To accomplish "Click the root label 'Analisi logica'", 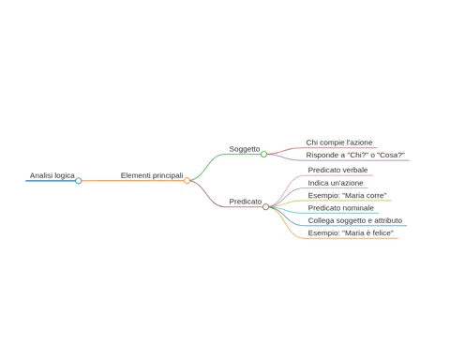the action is click(x=52, y=175).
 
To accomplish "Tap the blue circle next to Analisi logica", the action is click(x=79, y=181).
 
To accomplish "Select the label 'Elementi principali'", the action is click(x=152, y=175).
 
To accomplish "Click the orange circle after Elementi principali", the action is click(x=187, y=181).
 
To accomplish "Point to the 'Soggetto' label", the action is click(x=245, y=149).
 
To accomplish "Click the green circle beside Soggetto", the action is click(x=263, y=154).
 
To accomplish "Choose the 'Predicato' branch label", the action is click(x=246, y=202).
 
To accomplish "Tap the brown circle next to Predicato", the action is click(x=265, y=206).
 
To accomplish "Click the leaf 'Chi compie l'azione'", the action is click(x=339, y=142).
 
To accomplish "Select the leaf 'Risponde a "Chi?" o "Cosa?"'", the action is click(x=355, y=155).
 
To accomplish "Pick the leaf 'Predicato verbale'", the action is click(x=337, y=170).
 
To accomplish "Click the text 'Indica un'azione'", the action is click(x=336, y=183).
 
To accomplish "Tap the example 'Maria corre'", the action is click(x=365, y=196).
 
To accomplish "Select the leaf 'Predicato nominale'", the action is click(x=340, y=208).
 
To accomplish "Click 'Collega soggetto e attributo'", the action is click(x=355, y=220).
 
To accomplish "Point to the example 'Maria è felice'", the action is click(x=367, y=233).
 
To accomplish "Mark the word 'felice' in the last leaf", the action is click(x=381, y=233).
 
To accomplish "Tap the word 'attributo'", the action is click(x=388, y=220).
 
